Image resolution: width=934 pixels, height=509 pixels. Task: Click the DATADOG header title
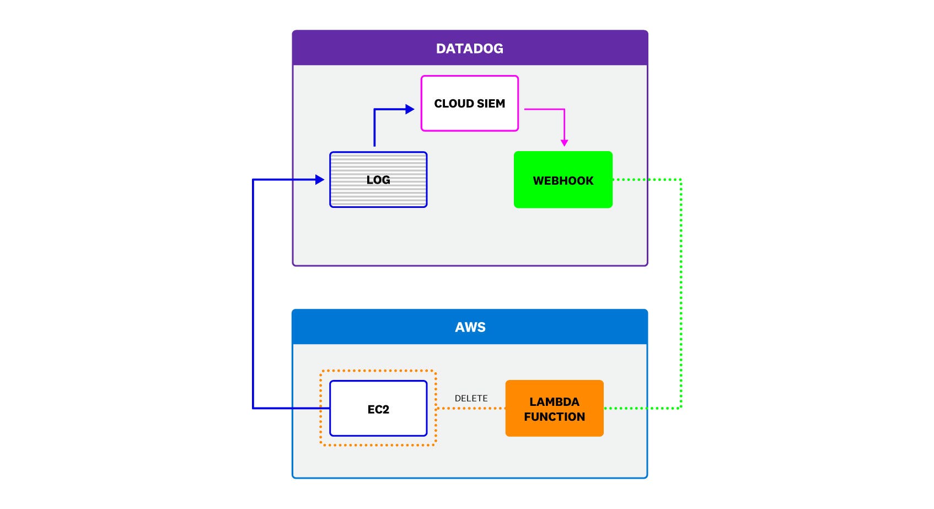(x=469, y=49)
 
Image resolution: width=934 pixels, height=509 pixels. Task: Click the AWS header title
(x=470, y=327)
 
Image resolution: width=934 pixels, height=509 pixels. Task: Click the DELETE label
(x=471, y=398)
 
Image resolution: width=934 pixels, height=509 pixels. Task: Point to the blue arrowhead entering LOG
(x=319, y=179)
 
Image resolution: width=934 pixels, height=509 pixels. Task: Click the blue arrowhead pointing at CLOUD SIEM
(x=409, y=109)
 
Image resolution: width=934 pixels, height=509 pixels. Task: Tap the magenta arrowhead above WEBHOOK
(x=564, y=142)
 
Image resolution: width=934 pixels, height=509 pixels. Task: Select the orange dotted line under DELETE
(x=471, y=408)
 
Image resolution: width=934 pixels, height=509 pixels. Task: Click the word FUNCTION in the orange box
(x=554, y=417)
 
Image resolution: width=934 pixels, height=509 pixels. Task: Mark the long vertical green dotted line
(x=681, y=292)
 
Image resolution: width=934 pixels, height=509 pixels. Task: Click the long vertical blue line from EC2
(x=253, y=292)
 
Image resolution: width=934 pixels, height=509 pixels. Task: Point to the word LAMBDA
(x=554, y=402)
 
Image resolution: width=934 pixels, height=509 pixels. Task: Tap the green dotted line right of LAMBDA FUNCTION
(x=642, y=408)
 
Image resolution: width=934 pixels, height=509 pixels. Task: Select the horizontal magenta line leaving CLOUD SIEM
(x=543, y=109)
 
